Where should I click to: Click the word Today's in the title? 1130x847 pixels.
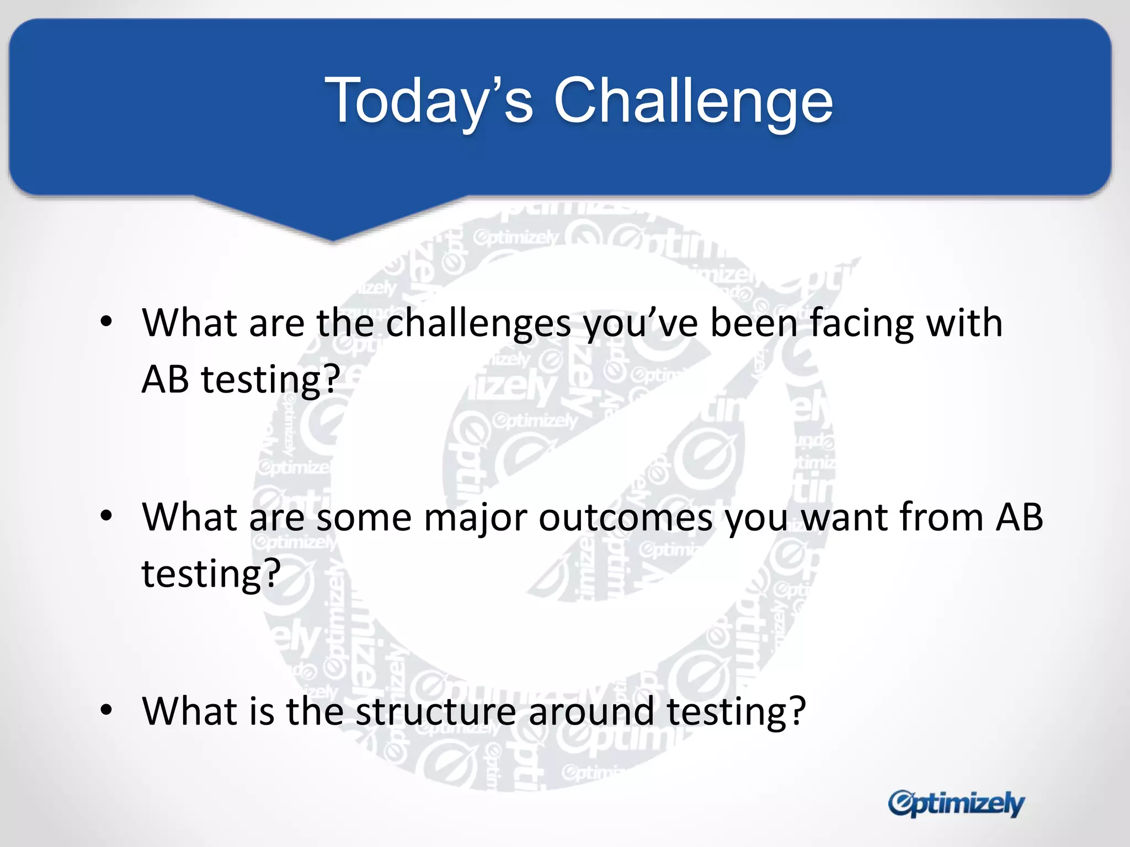tap(429, 101)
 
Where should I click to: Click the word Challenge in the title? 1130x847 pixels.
tap(692, 101)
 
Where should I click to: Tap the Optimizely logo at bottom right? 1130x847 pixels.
tap(956, 803)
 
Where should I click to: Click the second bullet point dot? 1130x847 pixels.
tap(106, 516)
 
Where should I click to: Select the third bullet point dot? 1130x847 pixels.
tap(106, 710)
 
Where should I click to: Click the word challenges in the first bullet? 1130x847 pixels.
tap(478, 324)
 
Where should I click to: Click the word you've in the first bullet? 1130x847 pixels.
tap(641, 324)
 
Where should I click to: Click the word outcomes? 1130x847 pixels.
tap(625, 518)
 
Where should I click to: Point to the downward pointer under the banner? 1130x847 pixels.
tap(332, 221)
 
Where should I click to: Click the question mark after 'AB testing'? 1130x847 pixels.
tap(331, 379)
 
